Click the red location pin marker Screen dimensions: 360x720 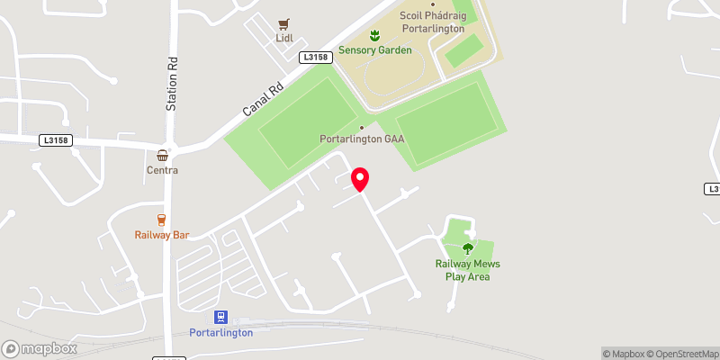[x=360, y=178]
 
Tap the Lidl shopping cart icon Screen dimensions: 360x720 [x=284, y=24]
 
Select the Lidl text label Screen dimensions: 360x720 [x=284, y=40]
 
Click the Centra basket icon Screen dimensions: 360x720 [x=162, y=155]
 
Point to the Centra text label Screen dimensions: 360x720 [x=162, y=170]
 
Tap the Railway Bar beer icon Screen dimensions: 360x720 [x=161, y=220]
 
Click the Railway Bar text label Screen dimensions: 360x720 [x=161, y=236]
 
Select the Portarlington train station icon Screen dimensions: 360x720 [x=220, y=317]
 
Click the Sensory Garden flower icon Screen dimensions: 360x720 [x=375, y=34]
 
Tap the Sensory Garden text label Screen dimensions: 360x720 [x=375, y=50]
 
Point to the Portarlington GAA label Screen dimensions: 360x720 [x=363, y=139]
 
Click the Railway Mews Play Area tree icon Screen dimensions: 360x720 [x=467, y=248]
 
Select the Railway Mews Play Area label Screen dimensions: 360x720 [x=467, y=270]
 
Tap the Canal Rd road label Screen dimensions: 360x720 [x=263, y=100]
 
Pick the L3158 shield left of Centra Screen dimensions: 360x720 [x=56, y=140]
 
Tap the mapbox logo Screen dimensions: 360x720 [x=40, y=348]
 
